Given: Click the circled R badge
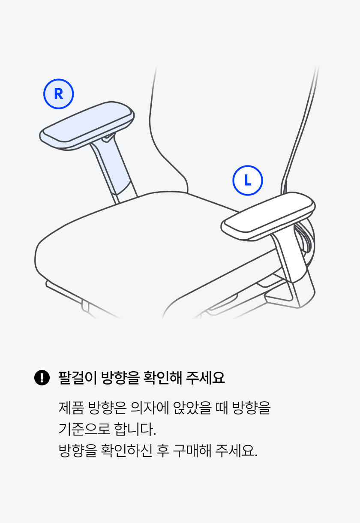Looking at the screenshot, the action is [x=59, y=94].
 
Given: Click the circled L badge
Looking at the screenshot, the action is [x=248, y=180].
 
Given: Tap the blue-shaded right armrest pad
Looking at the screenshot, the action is [x=87, y=126].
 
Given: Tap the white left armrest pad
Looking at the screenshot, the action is [x=268, y=216].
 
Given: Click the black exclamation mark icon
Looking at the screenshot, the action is [x=42, y=378].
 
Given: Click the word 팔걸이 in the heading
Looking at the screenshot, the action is [x=78, y=378].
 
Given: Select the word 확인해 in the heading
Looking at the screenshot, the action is [x=162, y=378].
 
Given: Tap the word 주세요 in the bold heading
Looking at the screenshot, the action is [x=205, y=378].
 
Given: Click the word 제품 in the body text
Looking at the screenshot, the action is [x=71, y=408].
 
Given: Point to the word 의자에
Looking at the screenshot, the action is [x=150, y=408].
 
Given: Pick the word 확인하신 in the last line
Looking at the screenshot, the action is [x=126, y=451].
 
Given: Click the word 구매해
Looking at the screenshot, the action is [x=192, y=451].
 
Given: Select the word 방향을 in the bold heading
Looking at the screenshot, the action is [x=120, y=378].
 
